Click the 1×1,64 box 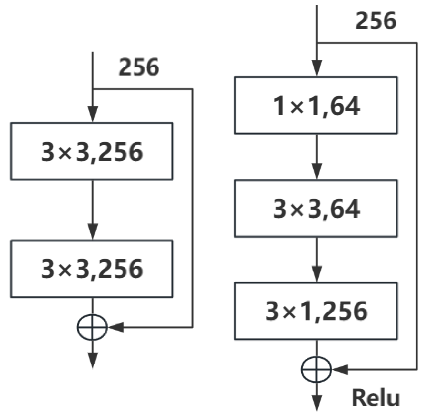coord(316,105)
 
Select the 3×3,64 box coord(316,208)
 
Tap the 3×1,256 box coord(316,311)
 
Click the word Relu coord(375,398)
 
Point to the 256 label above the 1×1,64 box coord(376,21)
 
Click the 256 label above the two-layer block coord(139,67)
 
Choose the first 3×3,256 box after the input coord(92,151)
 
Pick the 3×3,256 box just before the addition coord(92,269)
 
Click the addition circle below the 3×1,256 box coord(316,370)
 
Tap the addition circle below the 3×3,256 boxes coord(92,327)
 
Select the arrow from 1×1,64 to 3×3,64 coord(316,157)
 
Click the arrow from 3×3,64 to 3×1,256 coord(316,260)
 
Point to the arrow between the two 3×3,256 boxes coord(92,210)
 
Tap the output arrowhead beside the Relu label coord(316,404)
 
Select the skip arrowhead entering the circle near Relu coord(340,370)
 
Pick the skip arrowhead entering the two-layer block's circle coord(116,327)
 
